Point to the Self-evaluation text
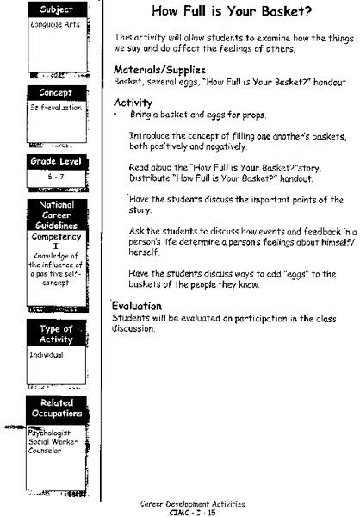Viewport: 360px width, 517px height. tap(34, 109)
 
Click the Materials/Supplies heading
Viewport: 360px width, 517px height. tap(160, 70)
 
